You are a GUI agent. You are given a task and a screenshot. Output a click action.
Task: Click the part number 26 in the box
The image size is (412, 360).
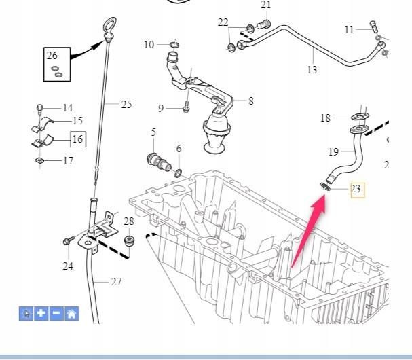pyautogui.click(x=52, y=56)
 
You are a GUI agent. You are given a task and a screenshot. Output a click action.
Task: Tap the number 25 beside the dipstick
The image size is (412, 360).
pyautogui.click(x=126, y=105)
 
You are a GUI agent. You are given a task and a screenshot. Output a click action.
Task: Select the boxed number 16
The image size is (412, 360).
pyautogui.click(x=78, y=139)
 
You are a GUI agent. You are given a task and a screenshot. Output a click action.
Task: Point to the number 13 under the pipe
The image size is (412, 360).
pyautogui.click(x=312, y=69)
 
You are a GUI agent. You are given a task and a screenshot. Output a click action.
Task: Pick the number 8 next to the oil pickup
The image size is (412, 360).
pyautogui.click(x=250, y=101)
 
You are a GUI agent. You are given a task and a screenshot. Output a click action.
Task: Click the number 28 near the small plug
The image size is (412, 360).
pyautogui.click(x=128, y=221)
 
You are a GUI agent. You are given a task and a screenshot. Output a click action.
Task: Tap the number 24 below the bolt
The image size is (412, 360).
pyautogui.click(x=68, y=266)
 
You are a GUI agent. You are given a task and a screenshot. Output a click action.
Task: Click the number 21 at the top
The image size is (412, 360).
pyautogui.click(x=265, y=5)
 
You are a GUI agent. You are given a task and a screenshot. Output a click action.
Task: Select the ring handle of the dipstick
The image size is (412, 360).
pyautogui.click(x=109, y=29)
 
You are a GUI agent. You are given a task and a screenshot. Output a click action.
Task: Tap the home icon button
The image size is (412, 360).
pyautogui.click(x=72, y=313)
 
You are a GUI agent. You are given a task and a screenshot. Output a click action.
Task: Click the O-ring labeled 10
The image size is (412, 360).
pyautogui.click(x=174, y=46)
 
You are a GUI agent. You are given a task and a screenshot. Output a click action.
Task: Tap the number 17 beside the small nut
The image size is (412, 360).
pyautogui.click(x=68, y=161)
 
